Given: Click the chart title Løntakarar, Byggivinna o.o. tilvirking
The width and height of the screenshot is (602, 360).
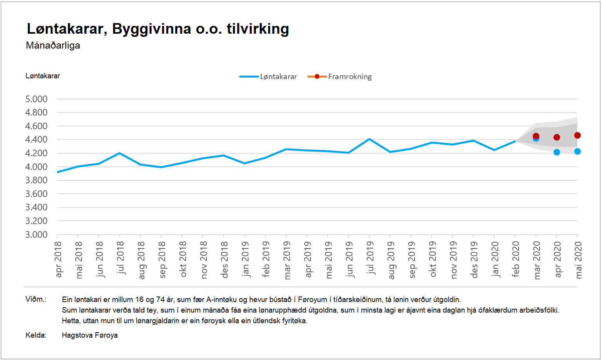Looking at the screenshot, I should point(158,29).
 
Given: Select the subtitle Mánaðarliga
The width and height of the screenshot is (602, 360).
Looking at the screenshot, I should point(53,45).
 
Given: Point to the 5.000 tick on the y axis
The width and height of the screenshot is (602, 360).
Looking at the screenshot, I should point(36,99).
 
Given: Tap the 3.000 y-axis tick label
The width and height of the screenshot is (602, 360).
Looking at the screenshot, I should point(36,235).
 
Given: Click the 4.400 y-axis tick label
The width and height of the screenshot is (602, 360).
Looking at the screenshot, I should point(36,139).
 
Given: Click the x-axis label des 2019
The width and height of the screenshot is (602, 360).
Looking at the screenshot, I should point(474,260).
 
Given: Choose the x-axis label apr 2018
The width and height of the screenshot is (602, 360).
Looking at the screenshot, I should point(58,259).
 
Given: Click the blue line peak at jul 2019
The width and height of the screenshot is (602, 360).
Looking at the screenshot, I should point(369,139).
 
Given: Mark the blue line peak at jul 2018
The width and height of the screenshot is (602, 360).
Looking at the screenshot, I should point(119,153).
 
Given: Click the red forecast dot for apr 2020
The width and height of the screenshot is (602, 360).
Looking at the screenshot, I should point(557,137).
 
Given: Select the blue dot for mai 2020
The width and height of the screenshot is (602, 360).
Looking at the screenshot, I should point(577,152).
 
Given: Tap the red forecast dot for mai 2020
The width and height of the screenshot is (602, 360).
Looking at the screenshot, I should point(577,136).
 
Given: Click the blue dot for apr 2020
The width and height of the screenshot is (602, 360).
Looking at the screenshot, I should point(557,152).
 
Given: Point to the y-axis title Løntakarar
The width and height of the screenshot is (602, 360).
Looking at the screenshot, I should point(43,76).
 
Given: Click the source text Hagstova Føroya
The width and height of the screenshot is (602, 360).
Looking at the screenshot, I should point(90,335).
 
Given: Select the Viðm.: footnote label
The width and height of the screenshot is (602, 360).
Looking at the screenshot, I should point(36,299).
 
